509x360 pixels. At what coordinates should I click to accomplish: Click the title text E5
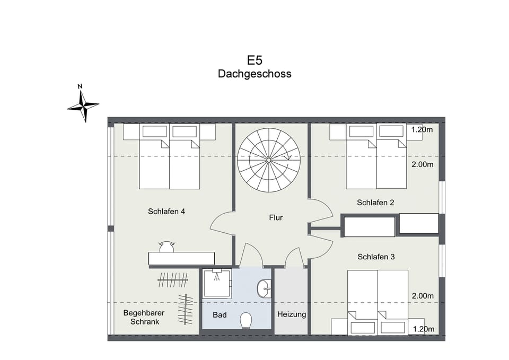coord(254,59)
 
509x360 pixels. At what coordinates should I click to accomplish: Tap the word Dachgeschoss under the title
coord(254,74)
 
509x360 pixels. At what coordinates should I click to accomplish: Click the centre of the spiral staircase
coord(269,160)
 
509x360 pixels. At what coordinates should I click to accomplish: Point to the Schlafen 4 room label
coord(166,212)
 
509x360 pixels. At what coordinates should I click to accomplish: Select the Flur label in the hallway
coord(276,217)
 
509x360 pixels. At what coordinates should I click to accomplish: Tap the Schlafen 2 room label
coord(375,203)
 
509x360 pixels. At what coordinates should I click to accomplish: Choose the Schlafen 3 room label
coord(376,257)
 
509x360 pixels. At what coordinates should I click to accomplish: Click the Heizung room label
coord(292,314)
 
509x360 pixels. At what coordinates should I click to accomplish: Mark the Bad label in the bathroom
coord(220,315)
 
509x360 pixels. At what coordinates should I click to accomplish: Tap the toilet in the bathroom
coord(246,320)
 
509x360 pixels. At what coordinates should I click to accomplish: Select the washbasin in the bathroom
coord(264,288)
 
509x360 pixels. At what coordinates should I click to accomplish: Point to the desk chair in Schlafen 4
coord(166,247)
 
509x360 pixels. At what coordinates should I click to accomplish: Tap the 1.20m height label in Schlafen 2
coord(423,129)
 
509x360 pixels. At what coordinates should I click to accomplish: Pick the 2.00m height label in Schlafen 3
coord(423,296)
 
